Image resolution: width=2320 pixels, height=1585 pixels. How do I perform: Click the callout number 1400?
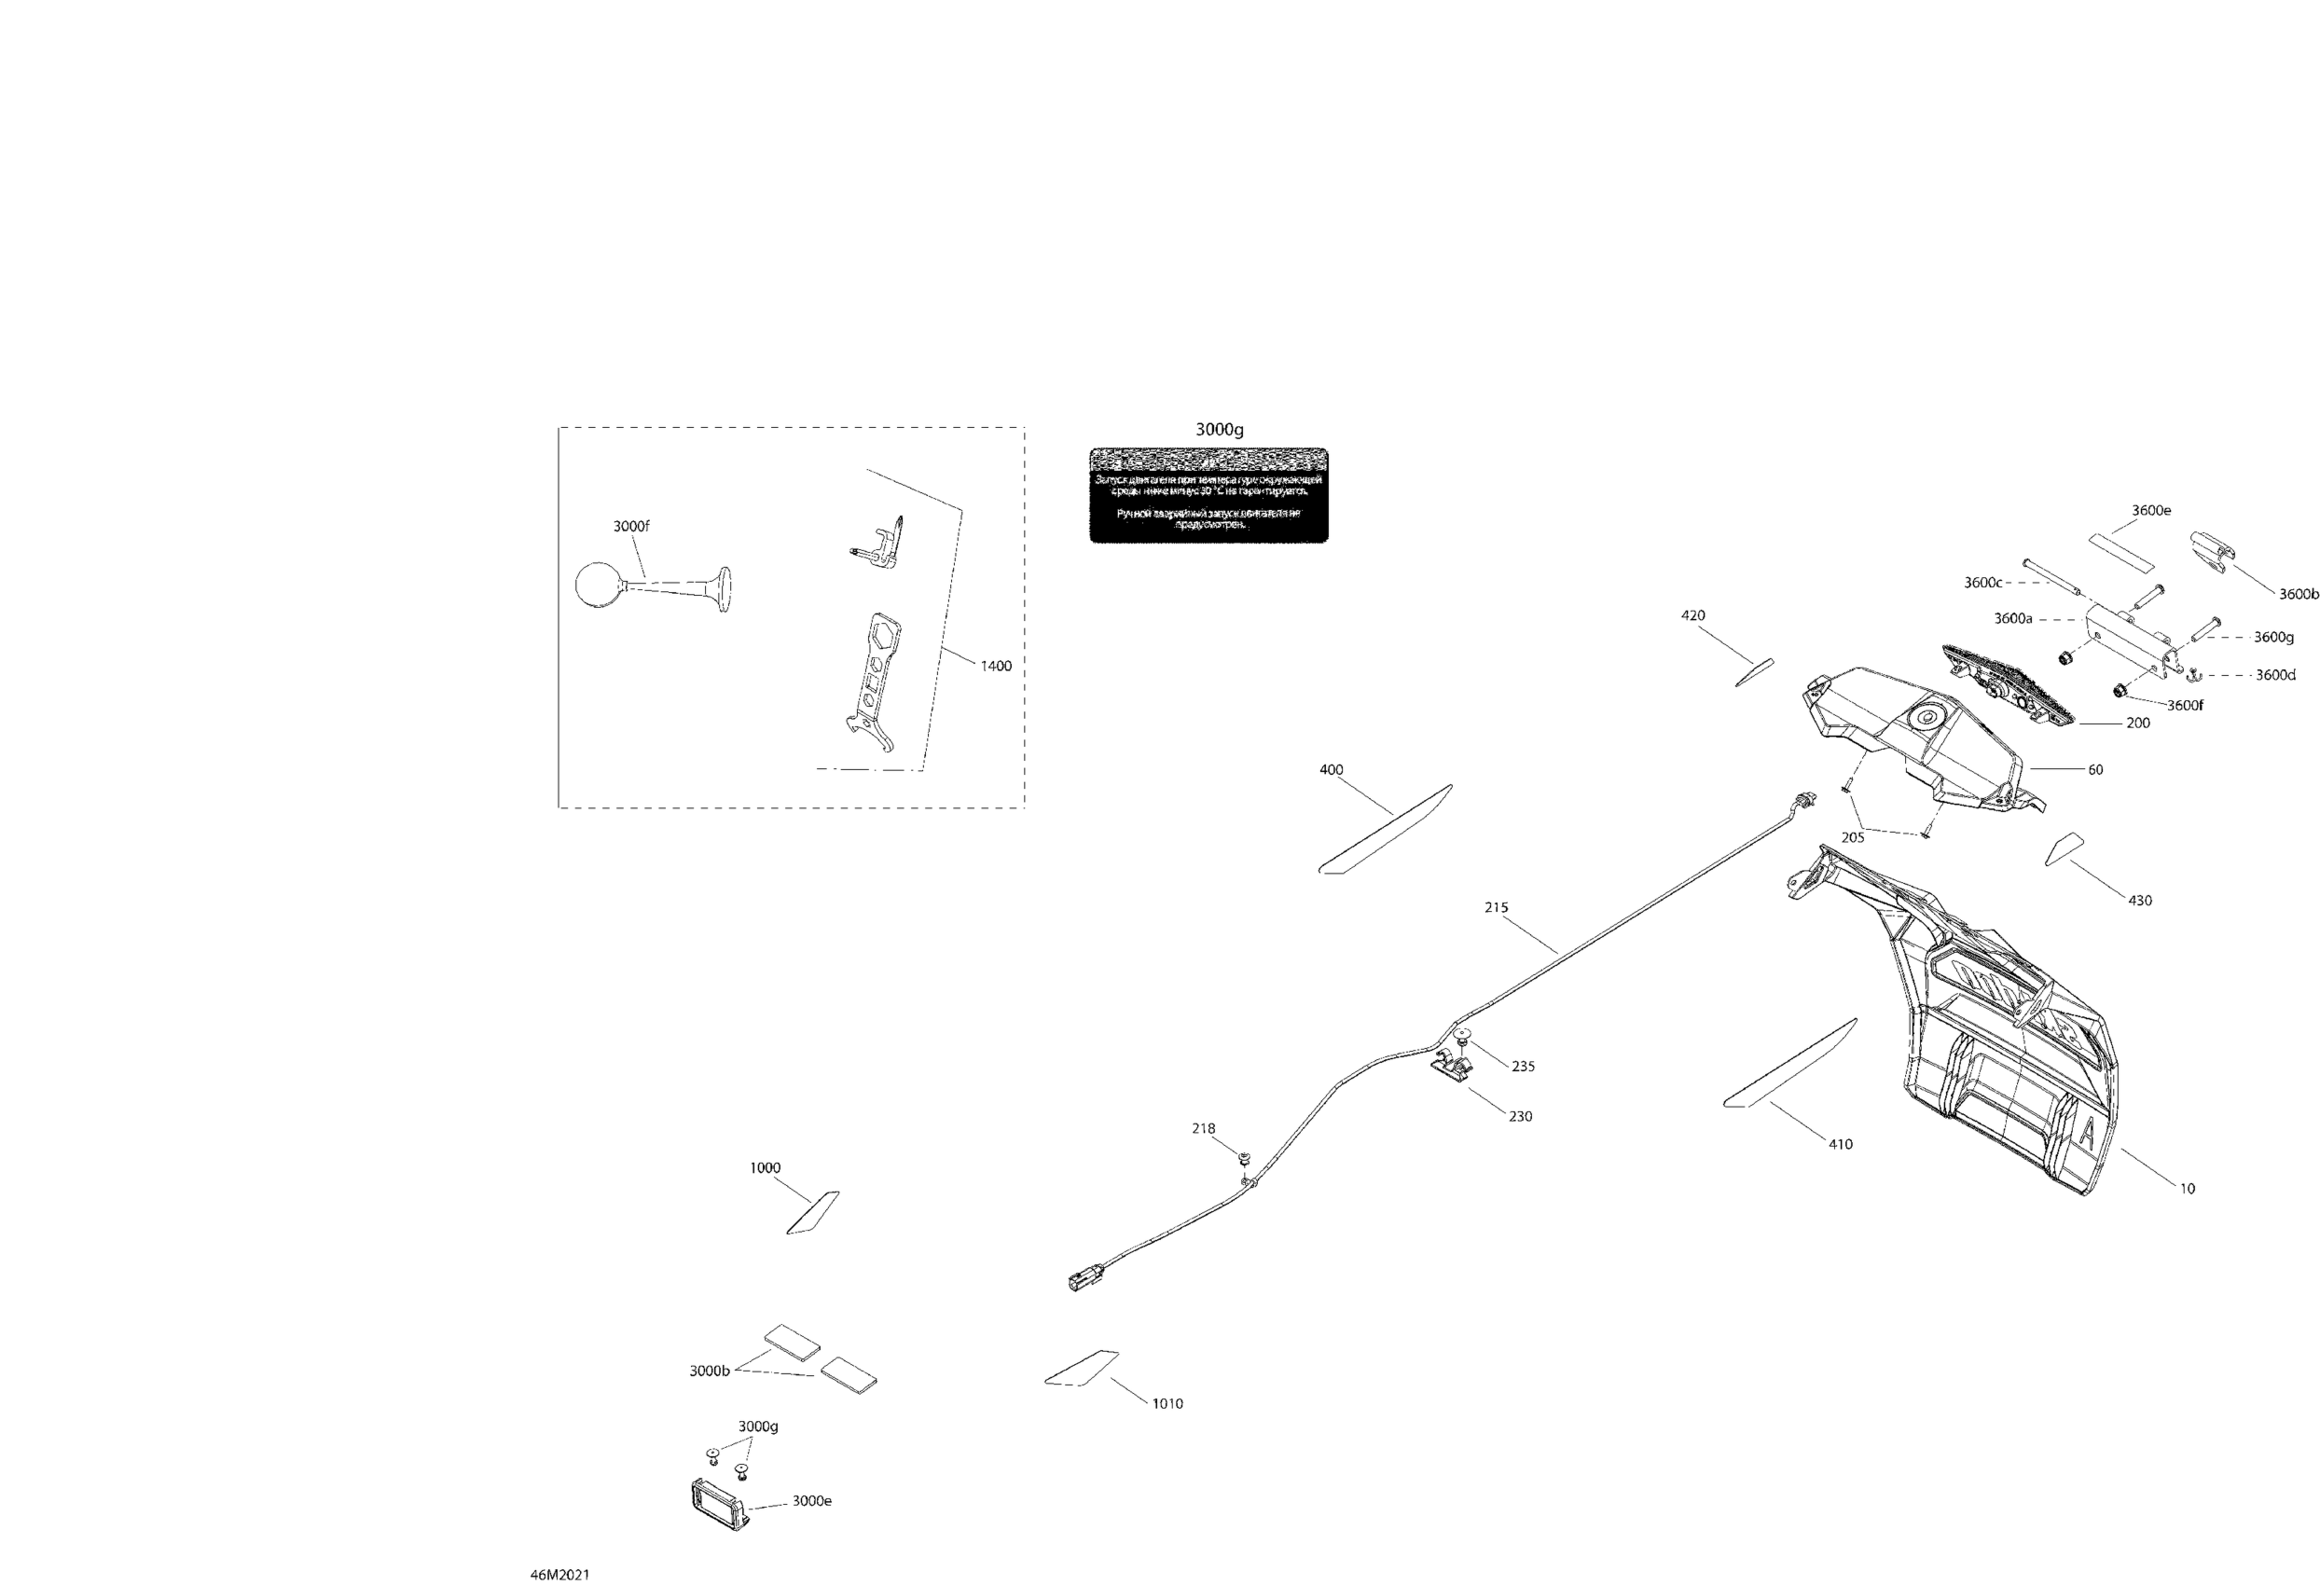995,666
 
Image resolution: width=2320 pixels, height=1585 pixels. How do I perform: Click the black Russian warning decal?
1208,495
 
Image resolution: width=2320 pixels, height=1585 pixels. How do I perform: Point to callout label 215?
1496,907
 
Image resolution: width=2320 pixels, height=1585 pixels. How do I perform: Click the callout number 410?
1840,1144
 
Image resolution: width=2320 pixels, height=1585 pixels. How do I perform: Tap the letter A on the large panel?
2088,1131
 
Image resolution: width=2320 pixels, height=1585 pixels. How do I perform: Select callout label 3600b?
2298,594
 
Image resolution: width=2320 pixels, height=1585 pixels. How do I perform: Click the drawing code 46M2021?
560,1575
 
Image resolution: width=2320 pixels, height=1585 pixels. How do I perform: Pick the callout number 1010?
1167,1403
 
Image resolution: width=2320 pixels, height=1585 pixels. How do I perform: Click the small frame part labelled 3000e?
718,1504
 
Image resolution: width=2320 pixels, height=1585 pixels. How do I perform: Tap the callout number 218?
1204,1129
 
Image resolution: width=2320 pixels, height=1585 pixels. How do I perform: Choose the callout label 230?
1520,1116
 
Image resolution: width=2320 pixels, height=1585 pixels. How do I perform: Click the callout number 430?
2140,901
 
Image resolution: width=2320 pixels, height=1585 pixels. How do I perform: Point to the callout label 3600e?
2151,510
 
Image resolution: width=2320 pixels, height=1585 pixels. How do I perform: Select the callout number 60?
2095,769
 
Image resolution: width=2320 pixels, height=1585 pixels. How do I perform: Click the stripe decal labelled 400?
1386,829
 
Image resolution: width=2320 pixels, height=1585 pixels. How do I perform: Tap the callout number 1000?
766,1168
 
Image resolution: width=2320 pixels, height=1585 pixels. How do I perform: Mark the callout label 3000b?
709,1371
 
